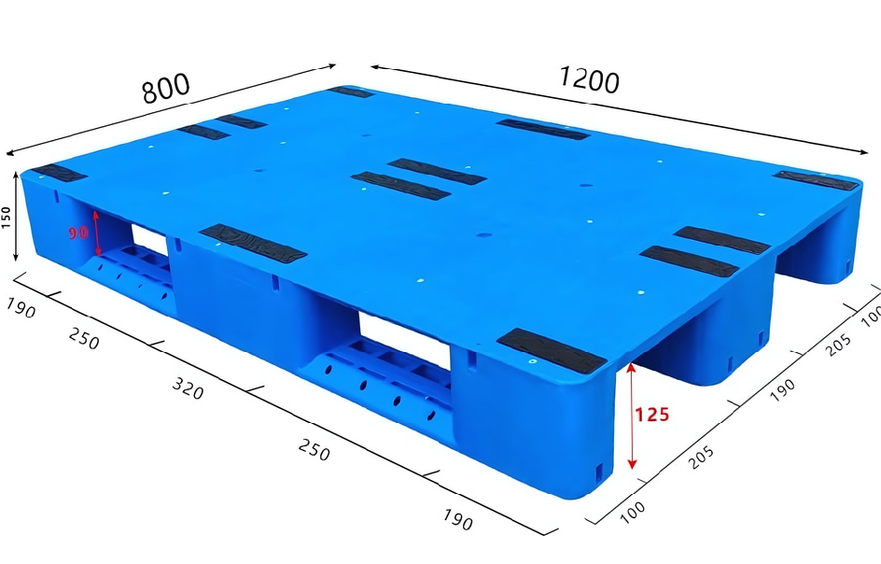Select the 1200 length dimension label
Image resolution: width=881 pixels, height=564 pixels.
pyautogui.click(x=589, y=80)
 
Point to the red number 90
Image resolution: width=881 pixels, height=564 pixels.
pyautogui.click(x=77, y=231)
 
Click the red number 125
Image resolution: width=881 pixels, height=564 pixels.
pyautogui.click(x=652, y=415)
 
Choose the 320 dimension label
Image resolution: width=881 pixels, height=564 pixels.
pyautogui.click(x=187, y=388)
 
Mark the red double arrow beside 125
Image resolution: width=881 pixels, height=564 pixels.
pyautogui.click(x=632, y=416)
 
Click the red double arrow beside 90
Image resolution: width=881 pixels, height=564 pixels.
pyautogui.click(x=95, y=233)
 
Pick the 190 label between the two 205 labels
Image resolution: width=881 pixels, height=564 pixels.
pyautogui.click(x=781, y=387)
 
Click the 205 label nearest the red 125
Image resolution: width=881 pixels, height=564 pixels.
pyautogui.click(x=700, y=455)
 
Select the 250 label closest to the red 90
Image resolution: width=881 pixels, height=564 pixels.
pyautogui.click(x=83, y=339)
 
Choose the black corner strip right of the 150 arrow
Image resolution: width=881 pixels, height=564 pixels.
pyautogui.click(x=58, y=173)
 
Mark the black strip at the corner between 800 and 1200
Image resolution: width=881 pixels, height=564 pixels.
pyautogui.click(x=351, y=92)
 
